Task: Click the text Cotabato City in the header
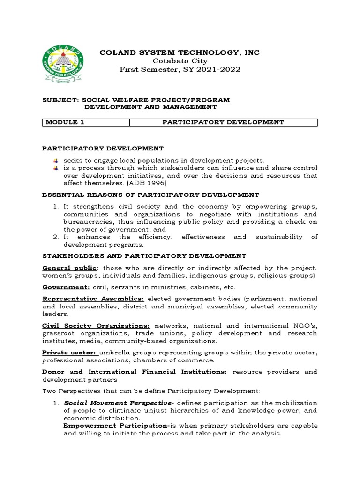pos(180,61)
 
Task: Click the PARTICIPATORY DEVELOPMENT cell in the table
pos(223,122)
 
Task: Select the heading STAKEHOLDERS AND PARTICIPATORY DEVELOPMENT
pos(144,255)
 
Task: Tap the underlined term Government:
pos(64,287)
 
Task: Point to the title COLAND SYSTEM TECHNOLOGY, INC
pos(180,52)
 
